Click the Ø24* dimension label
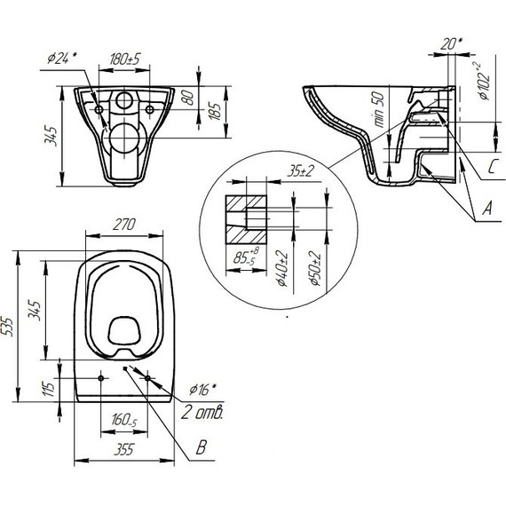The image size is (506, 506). (59, 59)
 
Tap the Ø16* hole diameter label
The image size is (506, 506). (203, 388)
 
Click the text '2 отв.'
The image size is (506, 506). (203, 413)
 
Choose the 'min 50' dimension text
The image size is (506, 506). (380, 112)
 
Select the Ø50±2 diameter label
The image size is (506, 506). (306, 272)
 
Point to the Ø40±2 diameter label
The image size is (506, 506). (281, 272)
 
